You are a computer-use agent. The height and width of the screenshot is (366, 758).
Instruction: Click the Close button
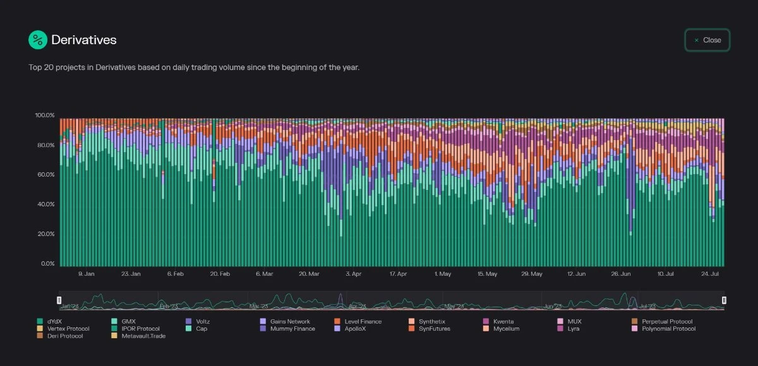tap(707, 40)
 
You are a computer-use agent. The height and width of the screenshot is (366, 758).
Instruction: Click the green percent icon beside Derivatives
tap(38, 40)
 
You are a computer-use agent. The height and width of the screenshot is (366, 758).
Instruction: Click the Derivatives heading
tap(84, 40)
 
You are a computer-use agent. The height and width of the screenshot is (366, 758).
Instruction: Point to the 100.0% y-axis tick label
tap(45, 115)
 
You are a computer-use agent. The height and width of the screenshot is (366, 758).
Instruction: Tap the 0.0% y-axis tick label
tap(48, 264)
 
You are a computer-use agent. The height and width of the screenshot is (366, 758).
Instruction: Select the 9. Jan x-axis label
tap(86, 274)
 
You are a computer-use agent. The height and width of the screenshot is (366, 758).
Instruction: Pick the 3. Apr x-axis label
tap(353, 274)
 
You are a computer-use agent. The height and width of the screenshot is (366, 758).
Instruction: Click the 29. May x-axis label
tap(532, 274)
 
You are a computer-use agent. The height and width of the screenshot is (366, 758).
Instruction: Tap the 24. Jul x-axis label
tap(711, 274)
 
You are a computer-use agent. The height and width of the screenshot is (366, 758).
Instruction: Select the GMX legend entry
tap(128, 322)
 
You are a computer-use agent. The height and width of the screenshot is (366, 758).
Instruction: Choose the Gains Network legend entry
tap(290, 322)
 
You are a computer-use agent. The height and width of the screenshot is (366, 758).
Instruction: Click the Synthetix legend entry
tap(431, 322)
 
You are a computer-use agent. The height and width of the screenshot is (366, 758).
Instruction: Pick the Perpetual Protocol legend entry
tap(666, 322)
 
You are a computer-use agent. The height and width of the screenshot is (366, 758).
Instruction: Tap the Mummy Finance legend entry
tap(292, 329)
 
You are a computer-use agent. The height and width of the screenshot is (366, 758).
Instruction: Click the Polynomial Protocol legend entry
tap(668, 329)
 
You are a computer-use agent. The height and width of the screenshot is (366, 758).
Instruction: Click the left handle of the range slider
tap(59, 300)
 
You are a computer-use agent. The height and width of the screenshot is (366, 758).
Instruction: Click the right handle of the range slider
tap(725, 300)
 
